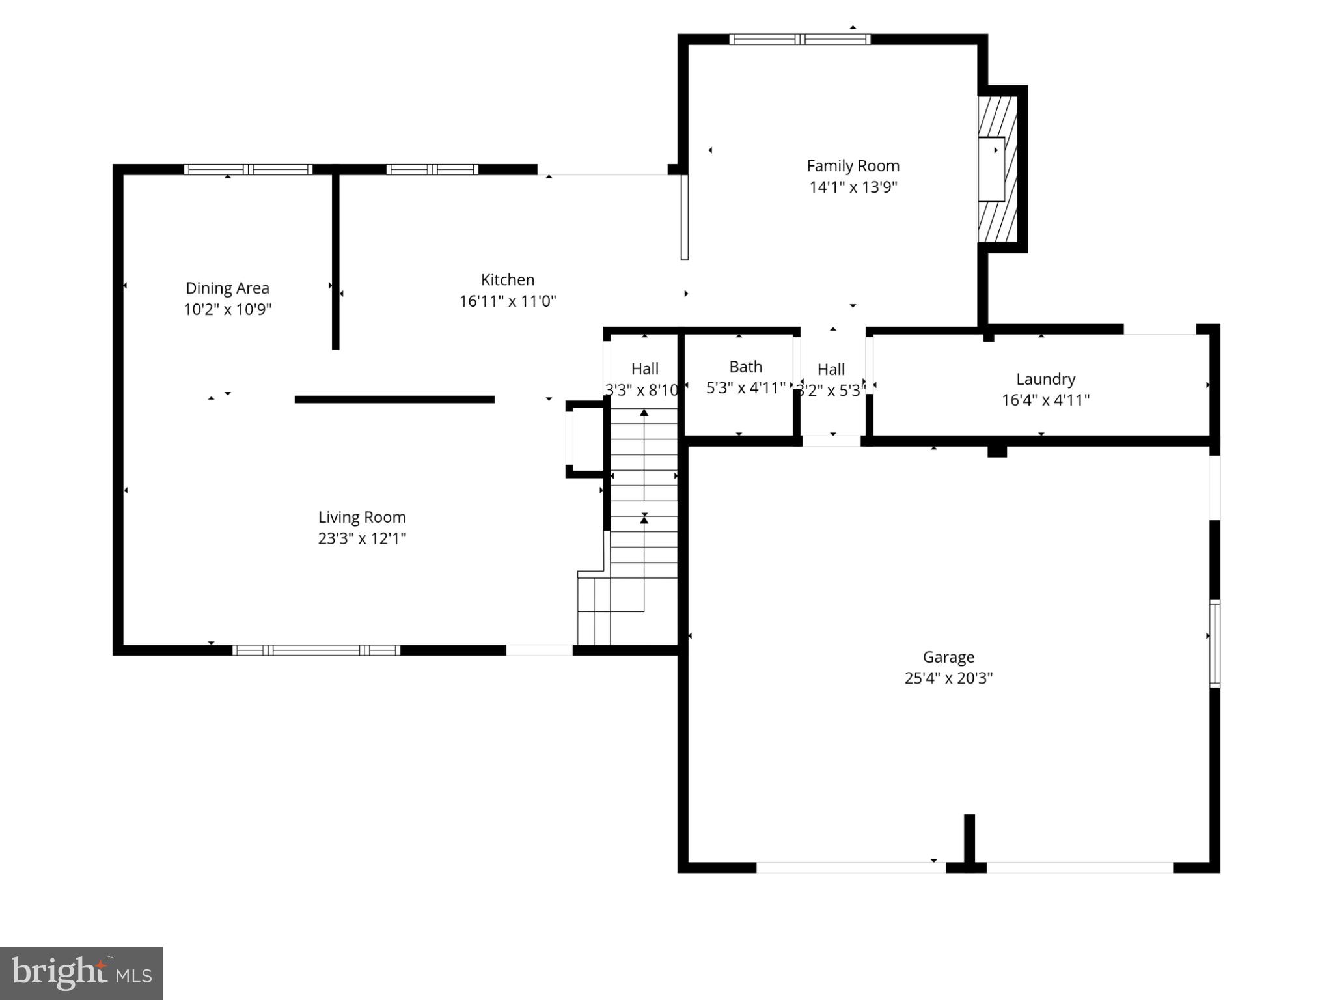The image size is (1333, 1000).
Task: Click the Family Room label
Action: click(x=853, y=166)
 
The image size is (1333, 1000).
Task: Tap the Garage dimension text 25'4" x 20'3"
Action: click(x=948, y=678)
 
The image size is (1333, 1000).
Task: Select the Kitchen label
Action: click(x=507, y=280)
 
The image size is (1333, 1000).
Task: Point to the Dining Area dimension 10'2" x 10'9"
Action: click(x=227, y=309)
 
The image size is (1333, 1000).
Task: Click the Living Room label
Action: click(x=362, y=518)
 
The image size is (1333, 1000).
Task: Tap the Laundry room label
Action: click(x=1045, y=379)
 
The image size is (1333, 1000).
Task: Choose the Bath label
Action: click(x=745, y=367)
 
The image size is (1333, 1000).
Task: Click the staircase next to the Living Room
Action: click(x=643, y=508)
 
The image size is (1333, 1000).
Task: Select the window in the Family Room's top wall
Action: click(x=799, y=39)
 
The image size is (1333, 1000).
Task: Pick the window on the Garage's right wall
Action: click(x=1214, y=643)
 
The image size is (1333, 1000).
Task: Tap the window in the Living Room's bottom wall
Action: click(x=316, y=650)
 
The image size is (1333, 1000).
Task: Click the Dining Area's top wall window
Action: click(x=248, y=170)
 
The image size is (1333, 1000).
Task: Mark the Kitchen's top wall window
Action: click(x=432, y=170)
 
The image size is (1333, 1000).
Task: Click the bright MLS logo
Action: click(x=81, y=973)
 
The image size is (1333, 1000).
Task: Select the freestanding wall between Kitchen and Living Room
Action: click(x=394, y=400)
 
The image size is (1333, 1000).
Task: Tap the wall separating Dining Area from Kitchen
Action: click(x=336, y=260)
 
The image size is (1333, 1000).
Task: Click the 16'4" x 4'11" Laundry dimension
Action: click(x=1045, y=400)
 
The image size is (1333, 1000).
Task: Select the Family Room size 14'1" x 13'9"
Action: click(x=853, y=187)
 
